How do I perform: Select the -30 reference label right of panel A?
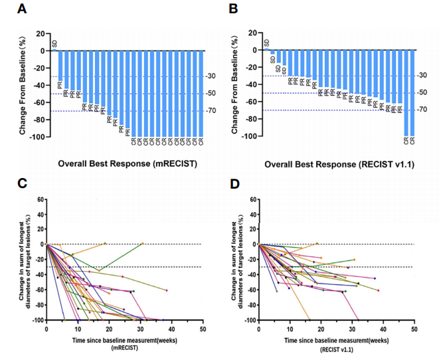212,76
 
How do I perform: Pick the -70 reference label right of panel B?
422,110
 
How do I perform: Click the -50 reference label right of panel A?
212,94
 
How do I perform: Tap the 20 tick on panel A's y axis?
40,33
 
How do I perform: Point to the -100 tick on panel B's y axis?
248,137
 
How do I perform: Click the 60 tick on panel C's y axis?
40,199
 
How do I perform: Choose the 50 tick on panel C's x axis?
202,329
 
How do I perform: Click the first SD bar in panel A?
55,50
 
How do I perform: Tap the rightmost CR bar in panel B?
412,92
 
